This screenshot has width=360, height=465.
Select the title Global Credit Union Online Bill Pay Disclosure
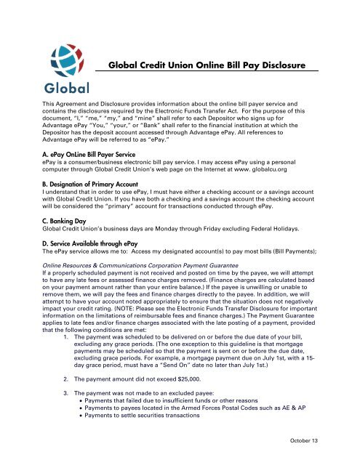coord(212,65)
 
